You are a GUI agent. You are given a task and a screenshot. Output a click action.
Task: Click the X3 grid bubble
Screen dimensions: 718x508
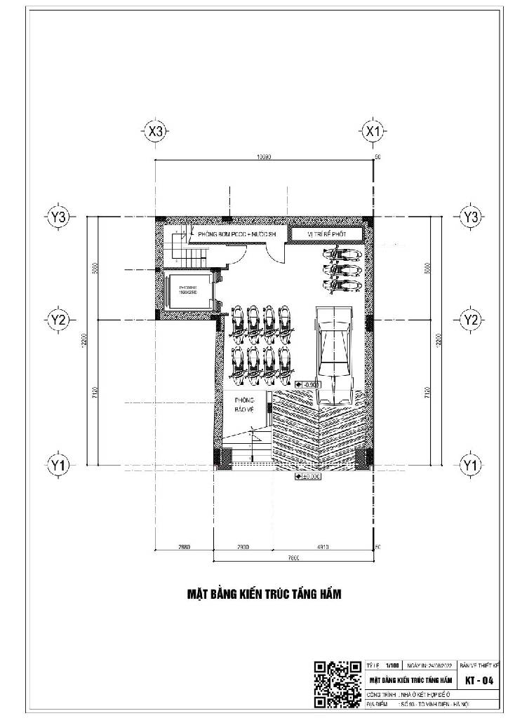click(x=155, y=130)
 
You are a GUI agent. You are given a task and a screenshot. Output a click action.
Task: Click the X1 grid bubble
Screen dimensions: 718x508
click(x=373, y=130)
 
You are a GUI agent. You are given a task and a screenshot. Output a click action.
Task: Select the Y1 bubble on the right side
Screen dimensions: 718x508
click(x=469, y=464)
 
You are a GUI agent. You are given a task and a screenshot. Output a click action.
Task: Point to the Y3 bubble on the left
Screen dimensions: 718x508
click(x=59, y=217)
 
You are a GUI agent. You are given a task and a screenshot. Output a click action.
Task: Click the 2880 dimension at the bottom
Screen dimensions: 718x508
click(x=185, y=546)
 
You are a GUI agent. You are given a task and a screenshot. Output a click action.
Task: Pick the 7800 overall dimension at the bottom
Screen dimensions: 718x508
click(x=293, y=558)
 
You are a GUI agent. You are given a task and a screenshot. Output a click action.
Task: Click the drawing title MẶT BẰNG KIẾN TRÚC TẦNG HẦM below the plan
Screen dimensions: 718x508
click(x=263, y=595)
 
